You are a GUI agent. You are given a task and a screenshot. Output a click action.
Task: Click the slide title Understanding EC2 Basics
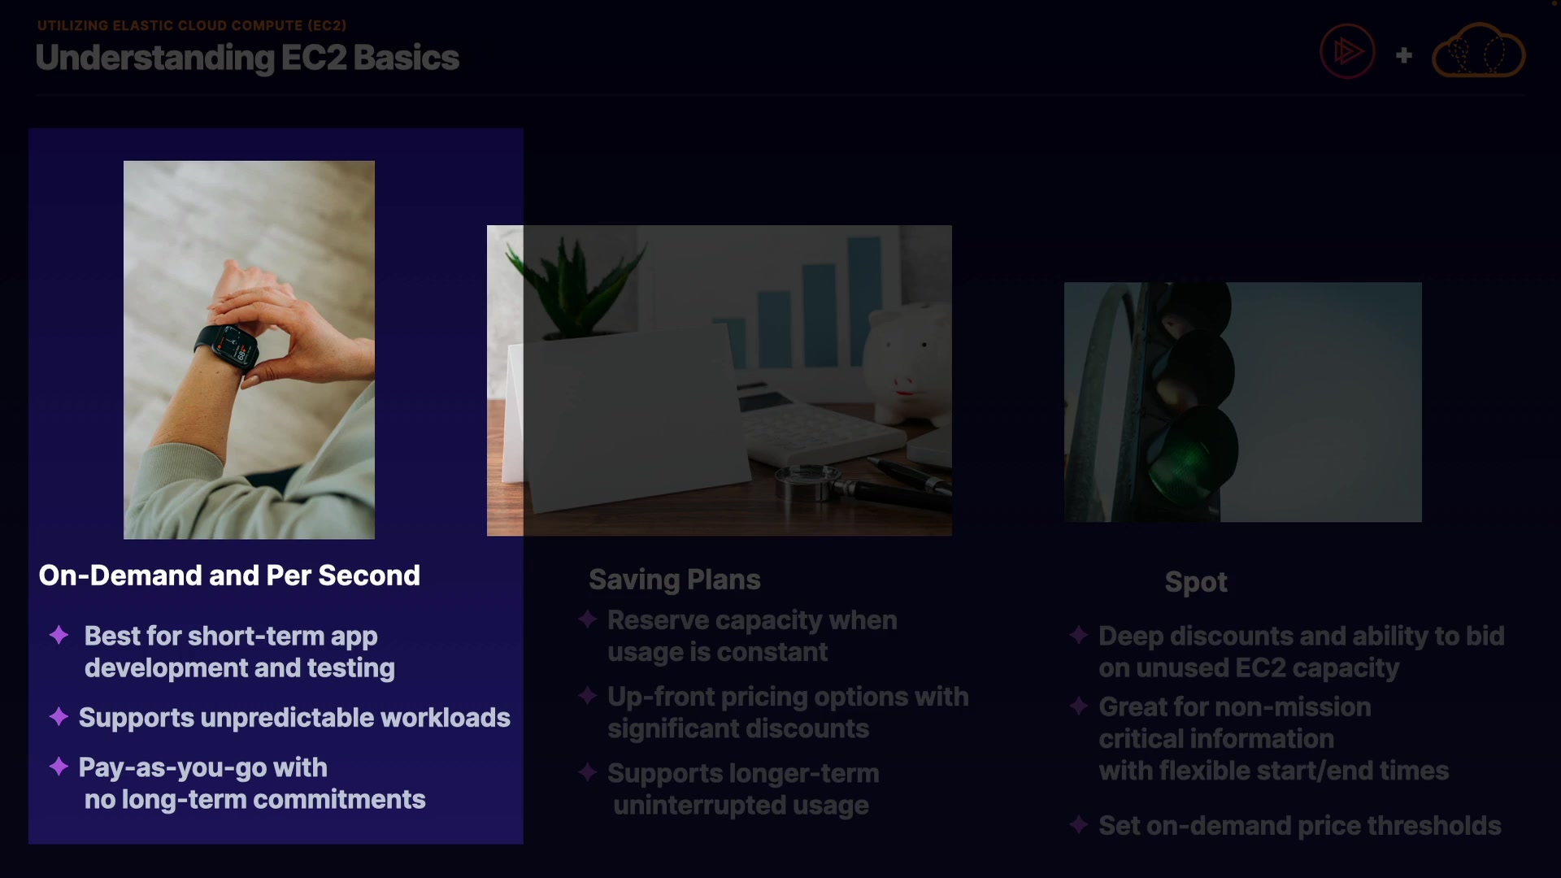247,58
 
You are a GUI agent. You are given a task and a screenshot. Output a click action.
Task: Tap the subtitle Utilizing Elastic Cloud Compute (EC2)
192,25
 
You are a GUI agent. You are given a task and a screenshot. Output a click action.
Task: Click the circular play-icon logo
1347,51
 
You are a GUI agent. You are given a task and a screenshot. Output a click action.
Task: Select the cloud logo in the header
1478,50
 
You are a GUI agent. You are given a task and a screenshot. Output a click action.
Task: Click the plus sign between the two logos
1404,55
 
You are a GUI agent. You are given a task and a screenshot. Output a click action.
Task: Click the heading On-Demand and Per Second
229,576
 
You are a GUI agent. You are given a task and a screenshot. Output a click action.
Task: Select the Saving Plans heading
675,580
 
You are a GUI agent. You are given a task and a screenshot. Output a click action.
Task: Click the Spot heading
1196,582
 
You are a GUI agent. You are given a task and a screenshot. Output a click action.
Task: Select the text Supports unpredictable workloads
294,718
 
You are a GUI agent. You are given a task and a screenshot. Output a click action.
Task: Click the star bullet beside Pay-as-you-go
59,766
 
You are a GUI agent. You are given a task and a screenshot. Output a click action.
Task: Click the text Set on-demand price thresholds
1300,826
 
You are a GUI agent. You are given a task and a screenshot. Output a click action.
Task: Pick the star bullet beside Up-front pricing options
588,695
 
